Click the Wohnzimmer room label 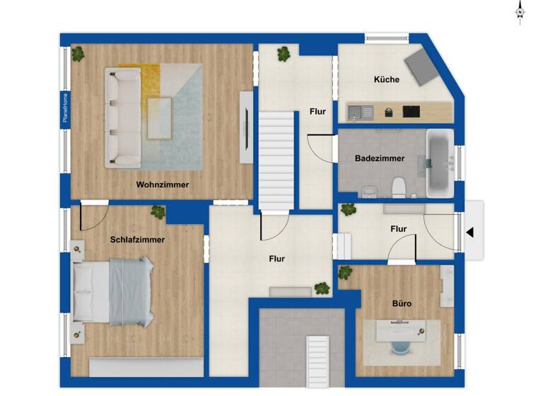tap(163, 185)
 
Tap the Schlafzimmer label tap(137, 240)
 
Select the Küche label tap(387, 80)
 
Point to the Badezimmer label tap(380, 158)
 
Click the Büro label tap(402, 304)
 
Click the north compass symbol tap(520, 12)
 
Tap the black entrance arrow tap(469, 231)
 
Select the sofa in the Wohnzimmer tap(122, 117)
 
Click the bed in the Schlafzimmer tap(113, 290)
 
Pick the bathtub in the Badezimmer tap(439, 163)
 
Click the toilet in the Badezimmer tap(399, 187)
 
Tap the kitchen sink tap(360, 111)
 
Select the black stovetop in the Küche tap(411, 111)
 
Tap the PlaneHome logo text tap(65, 108)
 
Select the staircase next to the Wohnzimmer tap(276, 161)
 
